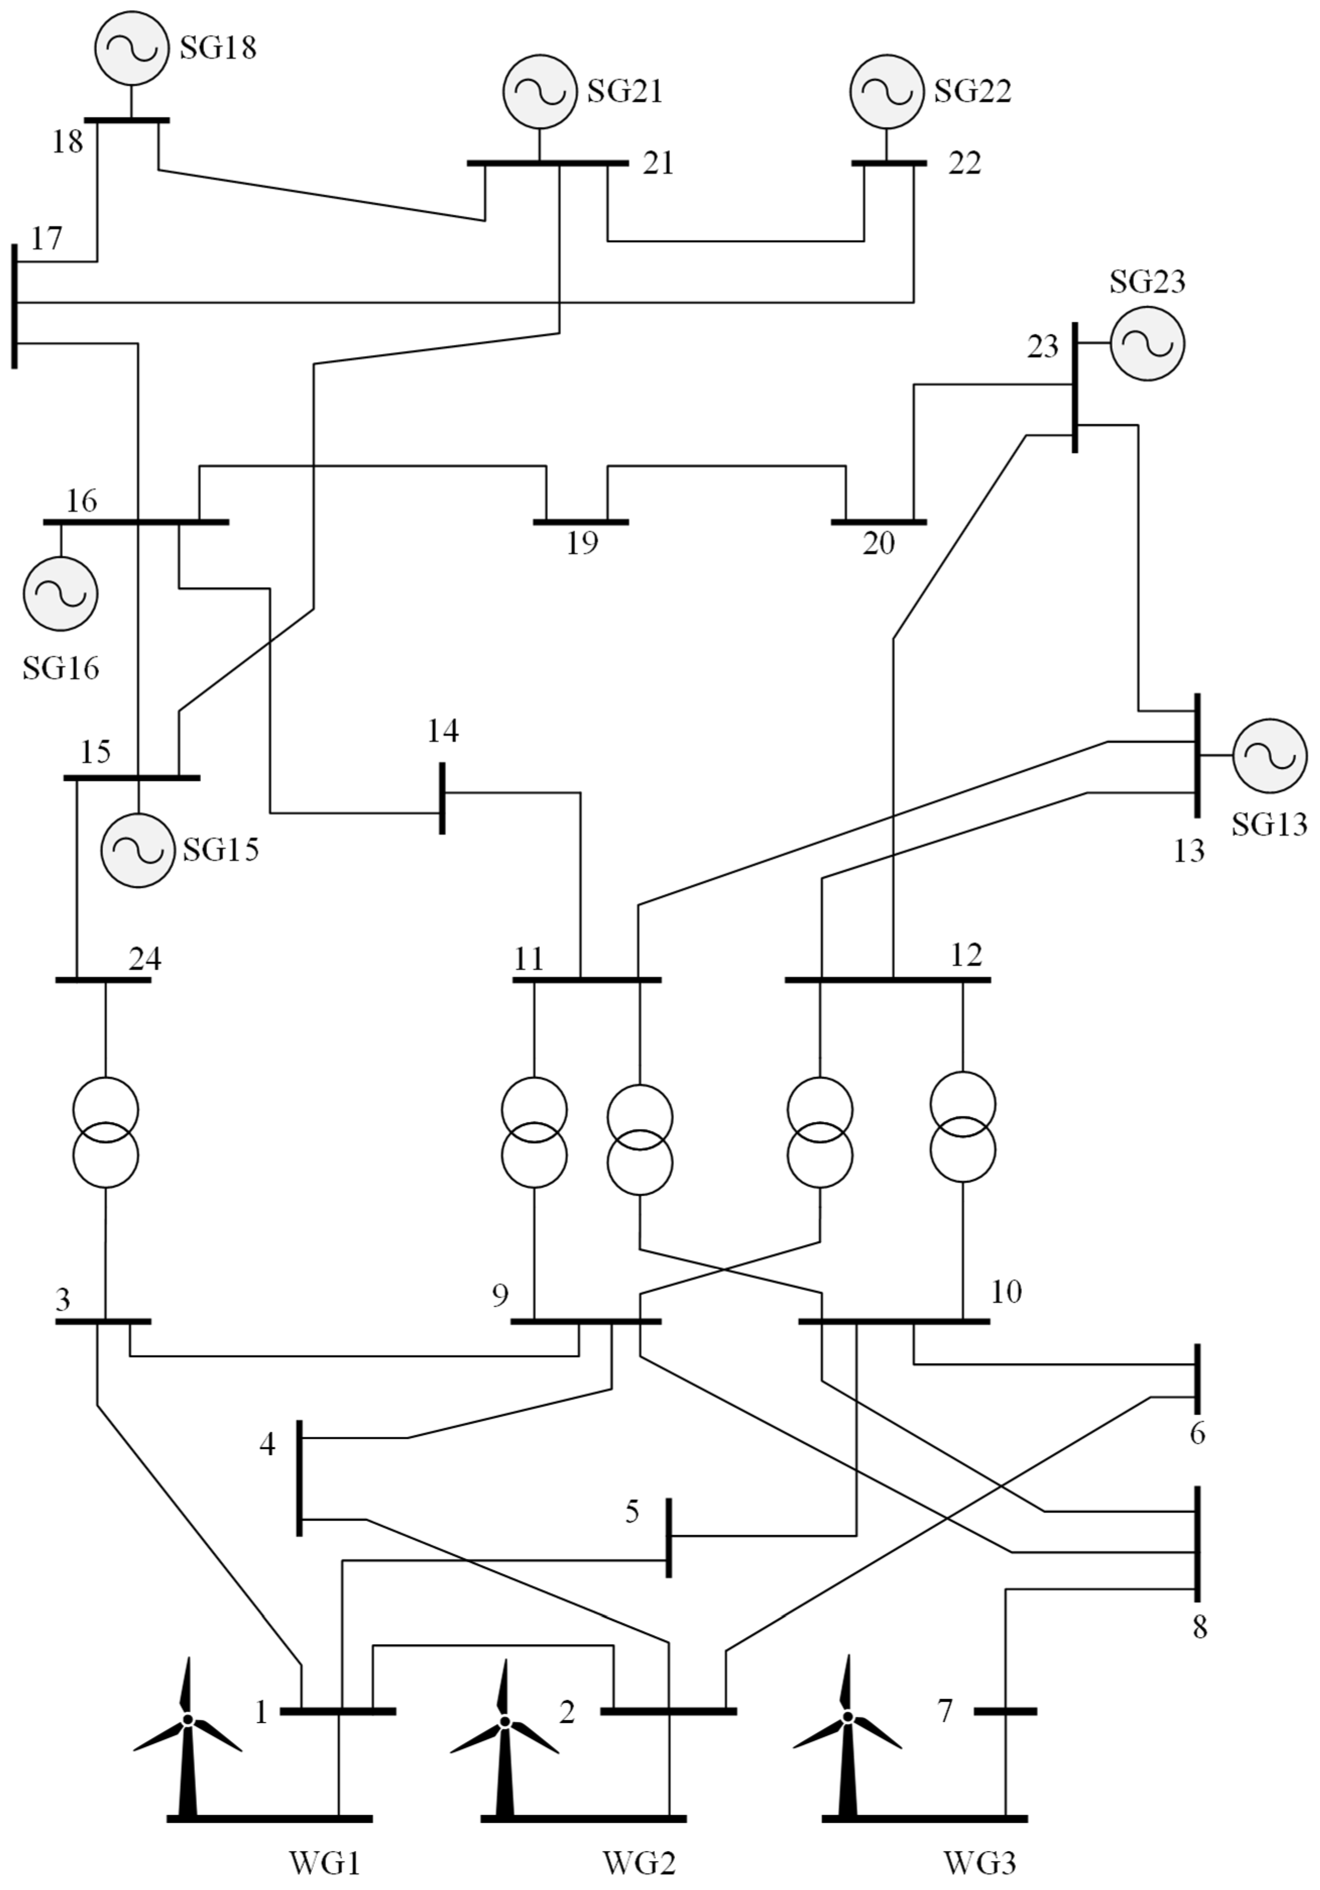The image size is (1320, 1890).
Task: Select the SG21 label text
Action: (x=625, y=91)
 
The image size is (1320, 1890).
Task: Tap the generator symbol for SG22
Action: (x=887, y=91)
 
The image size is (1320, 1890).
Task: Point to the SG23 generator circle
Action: (x=1147, y=343)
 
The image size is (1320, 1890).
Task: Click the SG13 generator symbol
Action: (x=1270, y=755)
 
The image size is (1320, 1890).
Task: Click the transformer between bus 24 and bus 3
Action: (x=105, y=1133)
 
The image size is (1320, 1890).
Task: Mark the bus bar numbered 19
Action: (x=581, y=522)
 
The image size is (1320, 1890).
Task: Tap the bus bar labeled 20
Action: (x=879, y=522)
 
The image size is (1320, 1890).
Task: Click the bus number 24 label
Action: (x=145, y=959)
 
